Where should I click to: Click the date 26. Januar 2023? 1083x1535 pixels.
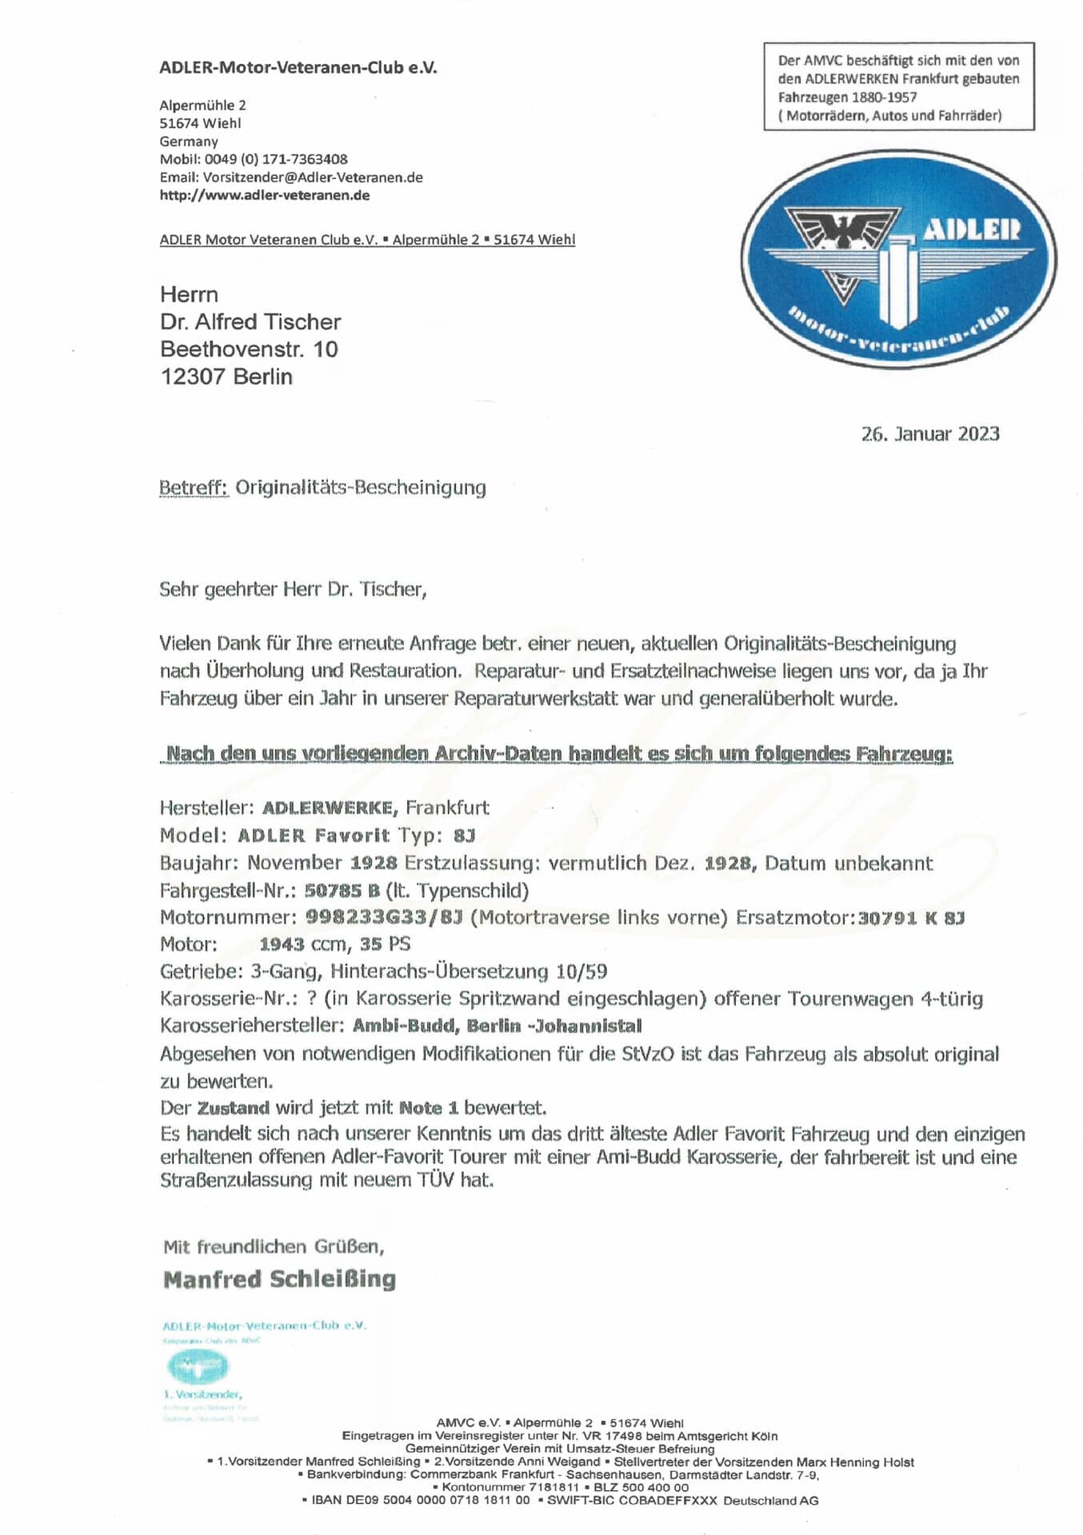930,434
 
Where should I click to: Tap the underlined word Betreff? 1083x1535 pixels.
194,488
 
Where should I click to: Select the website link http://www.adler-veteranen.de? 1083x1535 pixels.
265,195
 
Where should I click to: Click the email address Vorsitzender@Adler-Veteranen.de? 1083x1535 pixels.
313,177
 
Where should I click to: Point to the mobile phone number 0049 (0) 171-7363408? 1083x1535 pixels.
276,159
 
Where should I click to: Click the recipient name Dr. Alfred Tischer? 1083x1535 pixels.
250,322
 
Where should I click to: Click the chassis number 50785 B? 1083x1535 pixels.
342,891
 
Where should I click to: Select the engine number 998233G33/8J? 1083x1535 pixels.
384,917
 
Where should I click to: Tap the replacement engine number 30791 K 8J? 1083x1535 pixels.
911,918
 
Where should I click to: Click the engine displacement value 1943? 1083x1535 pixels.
282,944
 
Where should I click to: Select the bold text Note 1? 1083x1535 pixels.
429,1108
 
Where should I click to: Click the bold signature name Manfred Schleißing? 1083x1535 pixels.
279,1279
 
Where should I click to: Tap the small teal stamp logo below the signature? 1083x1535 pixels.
197,1366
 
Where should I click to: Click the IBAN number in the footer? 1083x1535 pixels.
420,1501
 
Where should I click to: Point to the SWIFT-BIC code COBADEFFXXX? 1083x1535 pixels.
668,1501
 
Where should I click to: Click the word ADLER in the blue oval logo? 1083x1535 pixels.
972,230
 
